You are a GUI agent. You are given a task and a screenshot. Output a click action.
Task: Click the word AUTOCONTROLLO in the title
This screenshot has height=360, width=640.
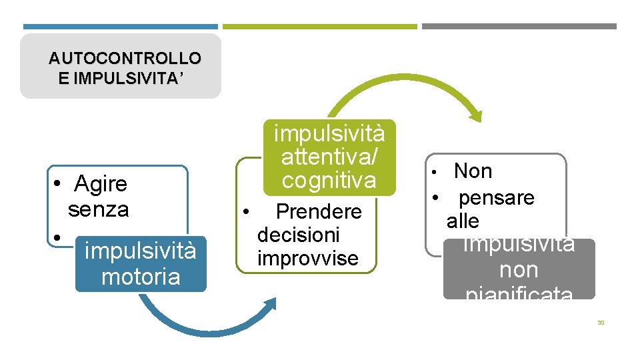pos(125,58)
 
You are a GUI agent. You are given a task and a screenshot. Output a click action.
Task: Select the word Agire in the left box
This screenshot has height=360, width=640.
pos(101,183)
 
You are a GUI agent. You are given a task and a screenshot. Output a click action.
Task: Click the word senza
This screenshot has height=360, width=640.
pos(99,209)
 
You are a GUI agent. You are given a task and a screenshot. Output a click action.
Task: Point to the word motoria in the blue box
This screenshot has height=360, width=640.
pos(141,276)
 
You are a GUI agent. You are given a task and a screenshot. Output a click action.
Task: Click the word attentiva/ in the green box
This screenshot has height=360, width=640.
pos(329,157)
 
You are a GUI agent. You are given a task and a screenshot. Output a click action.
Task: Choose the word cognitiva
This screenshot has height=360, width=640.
pos(329,180)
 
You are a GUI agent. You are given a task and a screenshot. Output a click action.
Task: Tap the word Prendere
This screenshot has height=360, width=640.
pos(319,212)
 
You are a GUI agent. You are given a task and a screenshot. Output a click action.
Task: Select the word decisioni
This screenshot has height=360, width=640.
pos(299,235)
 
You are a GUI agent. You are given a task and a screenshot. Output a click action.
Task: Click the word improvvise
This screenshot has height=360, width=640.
pos(308,258)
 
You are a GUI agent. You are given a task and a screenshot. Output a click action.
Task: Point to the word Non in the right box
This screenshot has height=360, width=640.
pos(473,171)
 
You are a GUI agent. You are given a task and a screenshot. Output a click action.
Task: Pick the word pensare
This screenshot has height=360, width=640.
pos(497,198)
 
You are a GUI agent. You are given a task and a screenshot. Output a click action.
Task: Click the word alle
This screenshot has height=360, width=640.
pos(463,221)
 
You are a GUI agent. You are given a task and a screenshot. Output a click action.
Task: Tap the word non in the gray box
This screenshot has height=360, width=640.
pos(519,270)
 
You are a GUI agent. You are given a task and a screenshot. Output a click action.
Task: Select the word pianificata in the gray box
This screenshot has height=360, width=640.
pos(519,293)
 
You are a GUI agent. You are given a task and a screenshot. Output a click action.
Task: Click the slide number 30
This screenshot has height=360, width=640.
pos(601,323)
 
